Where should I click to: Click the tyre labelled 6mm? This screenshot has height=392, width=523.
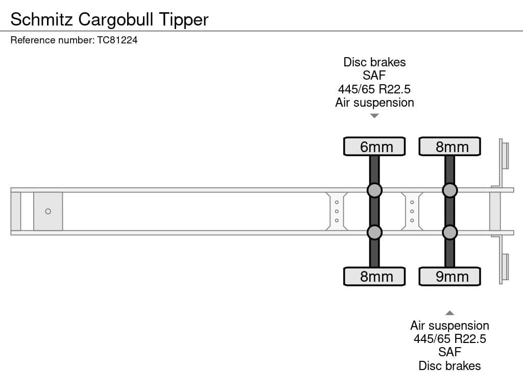pyautogui.click(x=374, y=146)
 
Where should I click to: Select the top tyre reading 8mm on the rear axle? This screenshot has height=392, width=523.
pyautogui.click(x=449, y=146)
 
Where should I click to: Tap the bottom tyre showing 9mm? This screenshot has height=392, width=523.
pyautogui.click(x=449, y=276)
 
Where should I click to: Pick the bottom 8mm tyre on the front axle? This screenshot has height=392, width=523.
pyautogui.click(x=374, y=276)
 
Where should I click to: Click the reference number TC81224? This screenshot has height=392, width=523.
pyautogui.click(x=117, y=40)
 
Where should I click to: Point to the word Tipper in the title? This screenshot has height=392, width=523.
pyautogui.click(x=184, y=20)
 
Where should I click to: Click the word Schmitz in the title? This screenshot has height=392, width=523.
pyautogui.click(x=42, y=19)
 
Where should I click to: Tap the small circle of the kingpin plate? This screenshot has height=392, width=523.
pyautogui.click(x=48, y=211)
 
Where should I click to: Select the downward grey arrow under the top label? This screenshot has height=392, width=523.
pyautogui.click(x=374, y=116)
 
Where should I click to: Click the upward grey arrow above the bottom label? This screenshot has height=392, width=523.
pyautogui.click(x=449, y=313)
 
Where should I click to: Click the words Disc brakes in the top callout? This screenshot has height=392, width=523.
pyautogui.click(x=374, y=62)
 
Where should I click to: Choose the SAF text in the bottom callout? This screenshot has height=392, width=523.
pyautogui.click(x=449, y=352)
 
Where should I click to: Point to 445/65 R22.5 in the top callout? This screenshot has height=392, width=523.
pyautogui.click(x=374, y=89)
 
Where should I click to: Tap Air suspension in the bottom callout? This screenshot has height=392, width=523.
pyautogui.click(x=449, y=326)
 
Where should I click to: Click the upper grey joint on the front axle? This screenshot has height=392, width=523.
pyautogui.click(x=374, y=190)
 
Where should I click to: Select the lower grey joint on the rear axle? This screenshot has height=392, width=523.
pyautogui.click(x=449, y=232)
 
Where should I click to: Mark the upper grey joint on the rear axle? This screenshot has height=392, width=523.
pyautogui.click(x=449, y=190)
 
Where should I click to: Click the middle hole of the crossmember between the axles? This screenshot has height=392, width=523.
pyautogui.click(x=412, y=211)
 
